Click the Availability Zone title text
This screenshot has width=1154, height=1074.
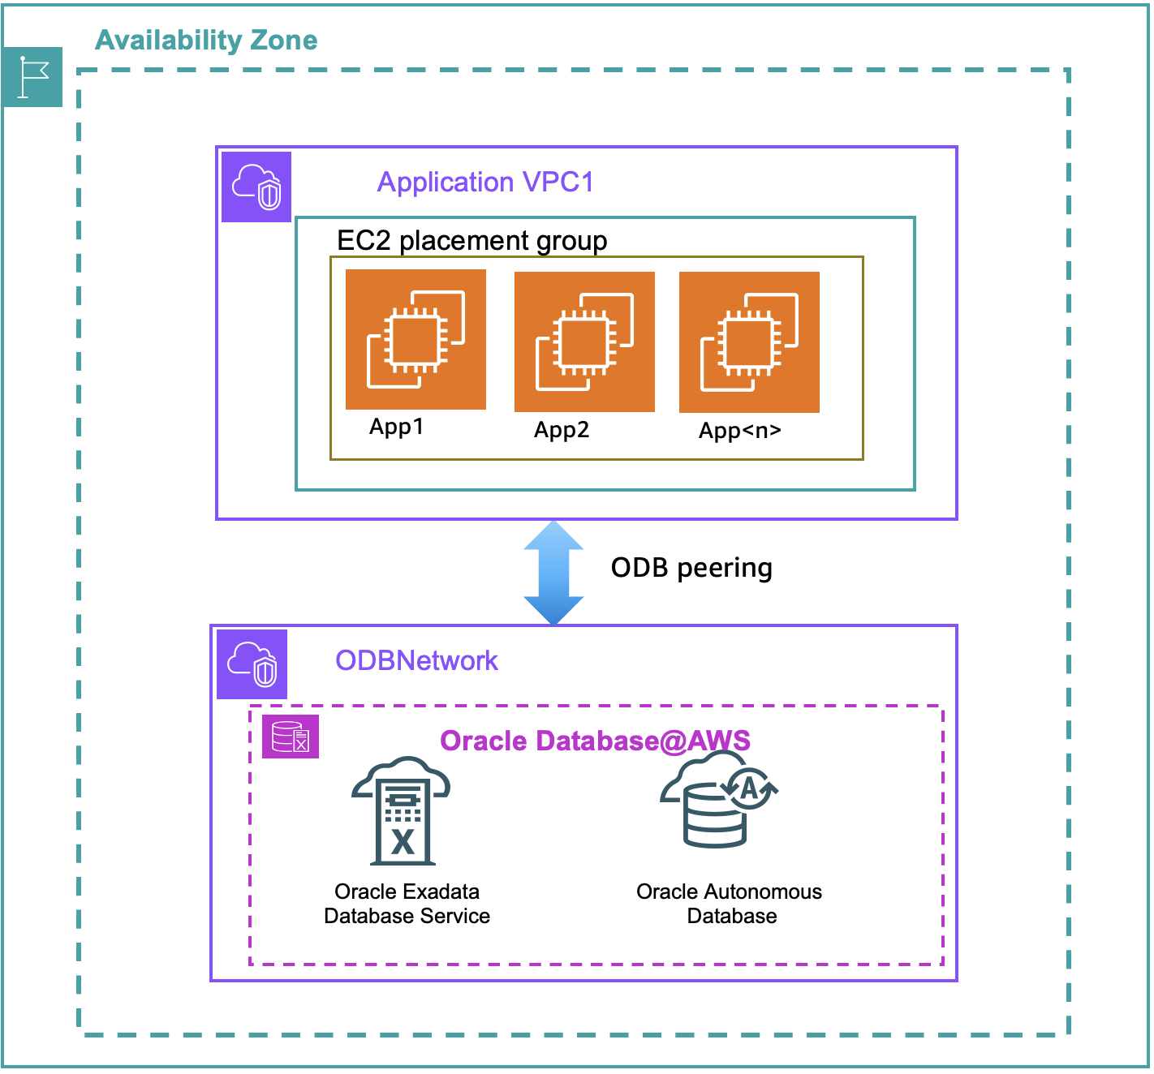point(206,40)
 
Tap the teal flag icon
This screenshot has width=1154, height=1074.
point(32,77)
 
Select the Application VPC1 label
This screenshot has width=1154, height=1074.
point(485,182)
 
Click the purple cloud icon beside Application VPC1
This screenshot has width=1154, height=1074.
point(256,187)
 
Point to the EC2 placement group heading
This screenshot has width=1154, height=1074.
point(472,241)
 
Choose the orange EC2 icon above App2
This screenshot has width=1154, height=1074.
point(584,342)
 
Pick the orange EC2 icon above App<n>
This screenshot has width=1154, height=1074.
point(749,342)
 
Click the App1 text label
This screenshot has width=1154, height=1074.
point(396,427)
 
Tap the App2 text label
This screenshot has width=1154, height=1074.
point(562,430)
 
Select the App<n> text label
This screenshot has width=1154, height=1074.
point(740,431)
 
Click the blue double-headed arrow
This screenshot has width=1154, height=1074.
point(553,573)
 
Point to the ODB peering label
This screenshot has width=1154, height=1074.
point(691,568)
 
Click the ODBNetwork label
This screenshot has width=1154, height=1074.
point(416,660)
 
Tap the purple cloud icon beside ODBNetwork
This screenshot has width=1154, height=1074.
point(252,664)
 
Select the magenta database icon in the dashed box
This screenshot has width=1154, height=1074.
point(291,737)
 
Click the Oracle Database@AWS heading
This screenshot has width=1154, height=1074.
point(595,741)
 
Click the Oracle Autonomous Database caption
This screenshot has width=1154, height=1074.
point(730,904)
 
